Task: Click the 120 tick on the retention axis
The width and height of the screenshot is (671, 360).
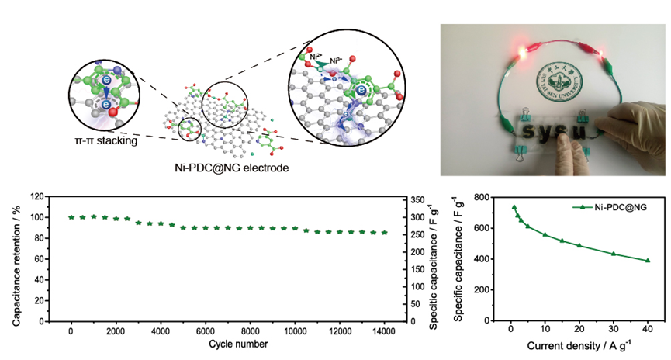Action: click(x=37, y=197)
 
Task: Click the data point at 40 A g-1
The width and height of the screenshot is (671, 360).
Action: click(x=648, y=261)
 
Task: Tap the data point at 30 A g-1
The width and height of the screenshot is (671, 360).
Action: click(x=614, y=254)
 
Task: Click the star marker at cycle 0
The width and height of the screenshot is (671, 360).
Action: click(x=71, y=217)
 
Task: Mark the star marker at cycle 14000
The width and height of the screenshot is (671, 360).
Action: click(x=384, y=232)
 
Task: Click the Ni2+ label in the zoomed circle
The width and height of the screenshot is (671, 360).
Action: click(x=315, y=57)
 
